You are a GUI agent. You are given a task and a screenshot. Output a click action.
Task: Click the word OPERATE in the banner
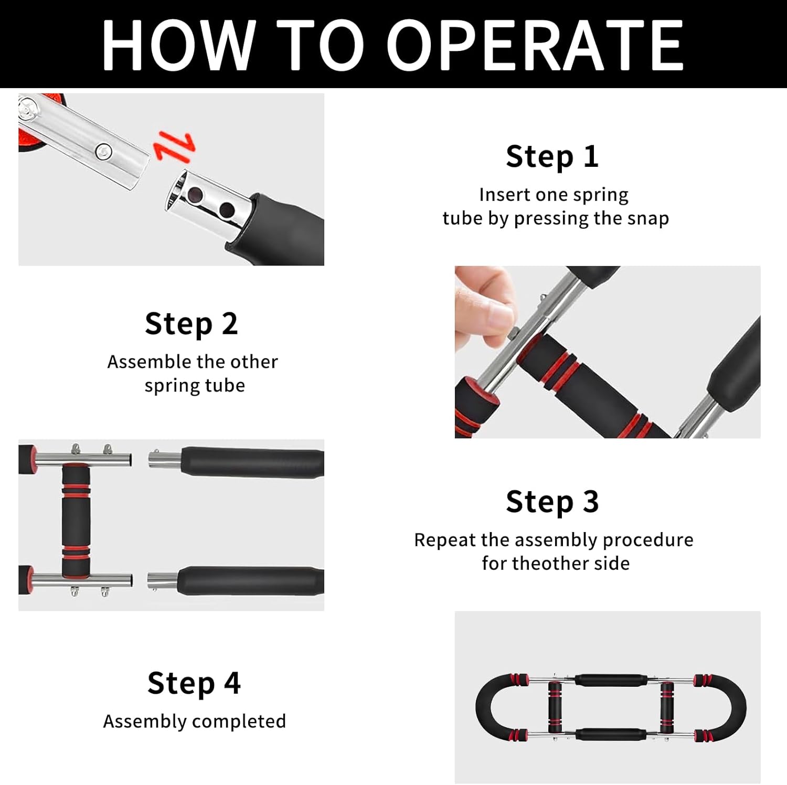[535, 45]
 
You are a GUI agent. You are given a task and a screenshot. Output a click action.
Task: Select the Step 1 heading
[552, 157]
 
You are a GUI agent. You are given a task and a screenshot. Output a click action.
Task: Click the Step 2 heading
[191, 324]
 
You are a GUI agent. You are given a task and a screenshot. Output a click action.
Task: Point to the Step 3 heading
[552, 502]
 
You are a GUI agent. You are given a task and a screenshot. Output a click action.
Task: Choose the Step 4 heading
[194, 683]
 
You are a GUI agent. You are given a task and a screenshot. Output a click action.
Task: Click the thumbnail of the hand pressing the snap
[608, 352]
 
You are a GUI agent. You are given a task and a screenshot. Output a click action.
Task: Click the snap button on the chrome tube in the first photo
[104, 152]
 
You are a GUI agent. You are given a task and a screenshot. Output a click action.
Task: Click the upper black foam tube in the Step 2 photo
[252, 462]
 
